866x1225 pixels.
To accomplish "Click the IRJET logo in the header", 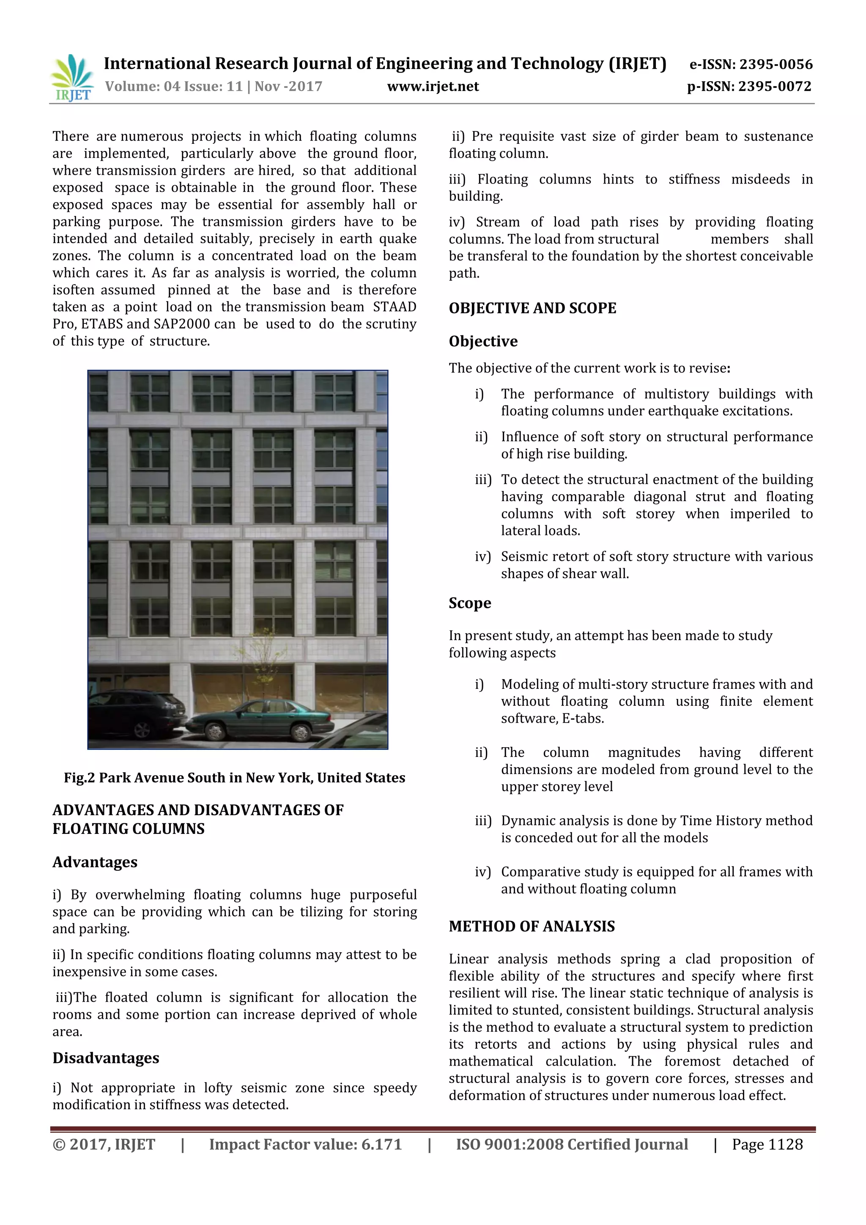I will [x=72, y=78].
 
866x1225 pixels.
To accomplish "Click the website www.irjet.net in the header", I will [x=433, y=86].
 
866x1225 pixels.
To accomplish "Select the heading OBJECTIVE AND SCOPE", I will [x=532, y=308].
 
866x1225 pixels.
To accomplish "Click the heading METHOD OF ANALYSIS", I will [x=532, y=926].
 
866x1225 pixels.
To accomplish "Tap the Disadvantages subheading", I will [x=106, y=1058].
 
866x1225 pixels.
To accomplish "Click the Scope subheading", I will [x=469, y=603].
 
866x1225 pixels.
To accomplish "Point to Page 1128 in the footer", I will [x=767, y=1144].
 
